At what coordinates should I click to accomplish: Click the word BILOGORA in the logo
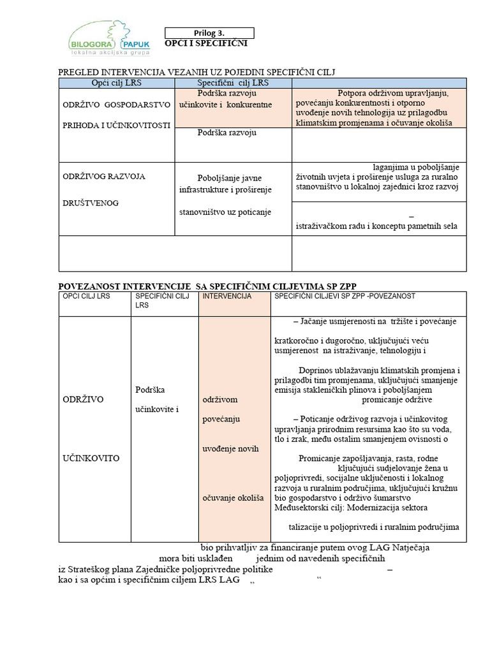[x=89, y=44]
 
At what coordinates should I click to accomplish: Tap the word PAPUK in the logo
[x=133, y=44]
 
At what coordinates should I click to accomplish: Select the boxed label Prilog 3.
[x=209, y=33]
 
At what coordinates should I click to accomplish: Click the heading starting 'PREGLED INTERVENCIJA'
[x=197, y=73]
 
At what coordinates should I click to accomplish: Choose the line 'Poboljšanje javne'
[x=229, y=178]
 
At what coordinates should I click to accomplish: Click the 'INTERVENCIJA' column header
[x=226, y=297]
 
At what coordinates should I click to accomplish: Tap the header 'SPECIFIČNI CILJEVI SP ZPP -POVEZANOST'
[x=345, y=297]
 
